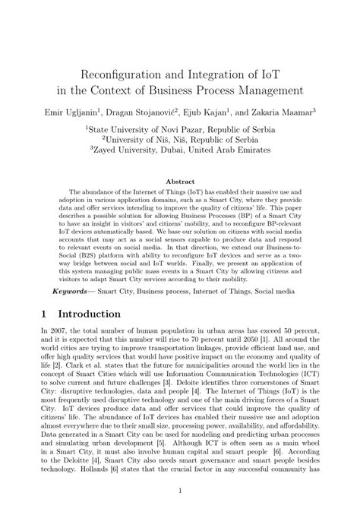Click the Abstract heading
(x=180, y=182)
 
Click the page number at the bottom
(x=180, y=491)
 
